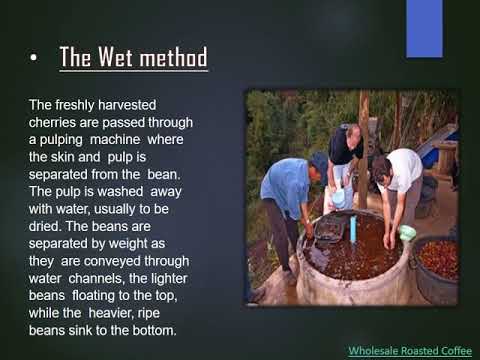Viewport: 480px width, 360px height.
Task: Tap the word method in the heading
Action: (x=173, y=57)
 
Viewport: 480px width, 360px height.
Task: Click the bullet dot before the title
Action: (x=33, y=57)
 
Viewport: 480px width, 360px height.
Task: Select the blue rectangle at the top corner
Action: (x=424, y=29)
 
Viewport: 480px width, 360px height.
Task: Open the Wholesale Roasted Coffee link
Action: (x=410, y=351)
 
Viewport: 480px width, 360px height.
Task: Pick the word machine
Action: (x=115, y=140)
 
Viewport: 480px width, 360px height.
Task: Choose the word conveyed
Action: (x=112, y=261)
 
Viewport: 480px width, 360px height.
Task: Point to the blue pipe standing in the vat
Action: (x=353, y=228)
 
